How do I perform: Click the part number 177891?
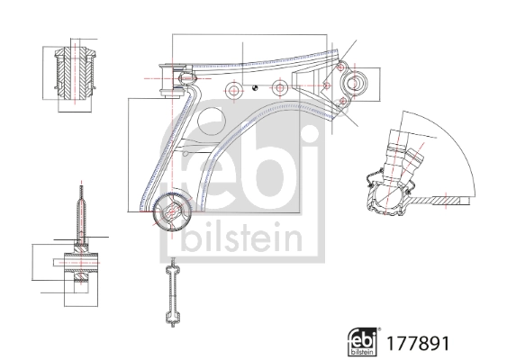point(418,343)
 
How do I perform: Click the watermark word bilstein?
point(241,237)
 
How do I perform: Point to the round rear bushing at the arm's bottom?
point(172,212)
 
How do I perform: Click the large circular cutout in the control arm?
point(211,121)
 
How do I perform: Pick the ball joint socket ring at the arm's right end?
point(355,83)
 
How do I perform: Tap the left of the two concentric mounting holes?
point(233,90)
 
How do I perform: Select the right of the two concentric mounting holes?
point(280,87)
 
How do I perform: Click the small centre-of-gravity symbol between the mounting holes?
point(255,87)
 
